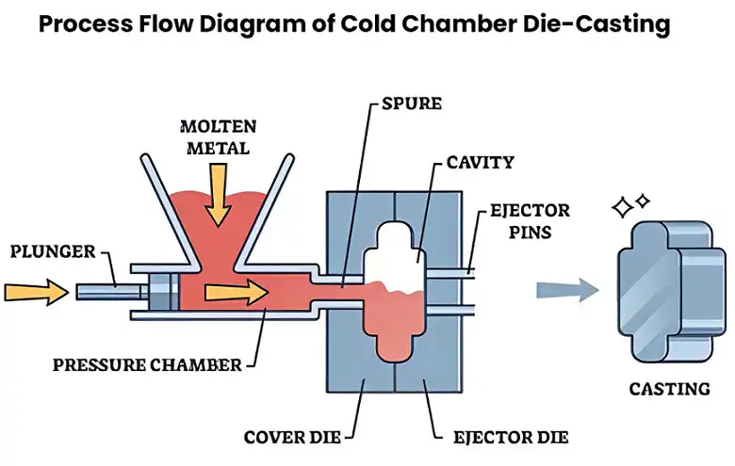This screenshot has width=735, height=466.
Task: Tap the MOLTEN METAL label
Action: coord(218,136)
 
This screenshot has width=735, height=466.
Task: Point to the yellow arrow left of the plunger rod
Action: coord(36,292)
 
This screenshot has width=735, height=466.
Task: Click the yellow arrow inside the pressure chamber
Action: coord(236,293)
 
